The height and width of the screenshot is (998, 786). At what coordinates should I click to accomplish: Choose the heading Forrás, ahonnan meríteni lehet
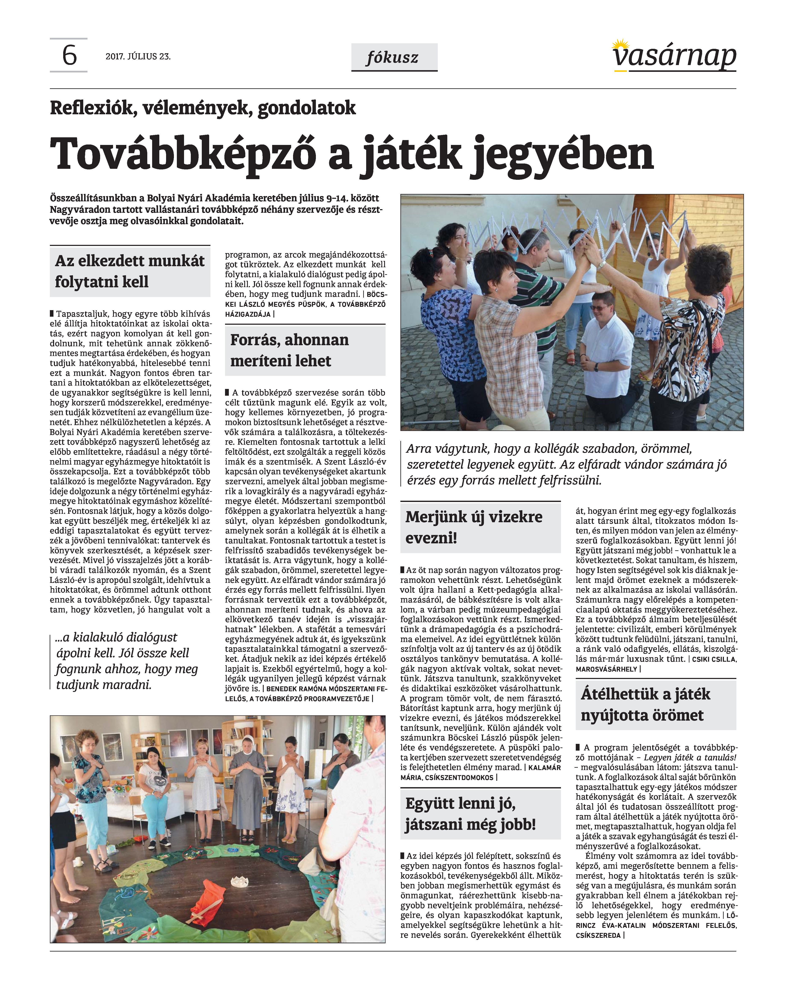coord(289,350)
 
